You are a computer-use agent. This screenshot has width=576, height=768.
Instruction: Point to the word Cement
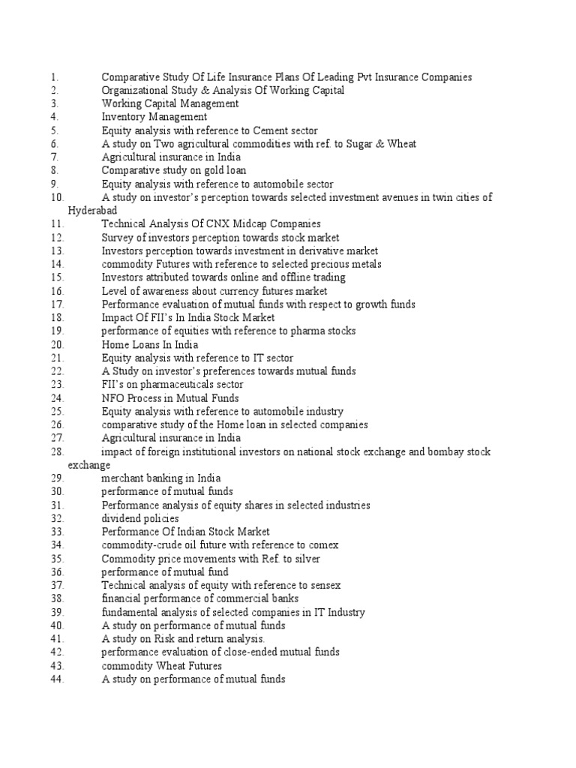272,130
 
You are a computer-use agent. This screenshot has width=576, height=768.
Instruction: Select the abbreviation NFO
113,398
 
